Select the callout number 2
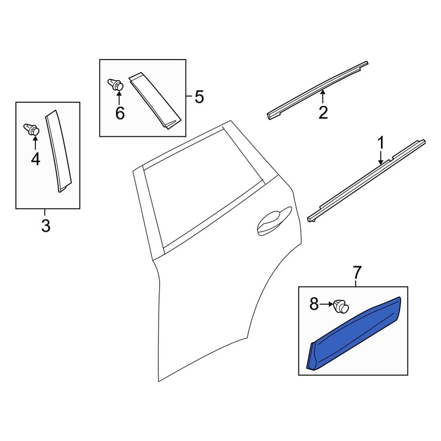tap(323, 112)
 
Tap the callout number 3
tap(45, 226)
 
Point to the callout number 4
tap(35, 159)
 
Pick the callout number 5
tap(199, 97)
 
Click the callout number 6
tap(120, 113)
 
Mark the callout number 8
tap(314, 304)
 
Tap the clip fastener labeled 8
tap(341, 306)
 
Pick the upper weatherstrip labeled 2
tap(318, 88)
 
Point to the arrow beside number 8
tap(327, 304)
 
